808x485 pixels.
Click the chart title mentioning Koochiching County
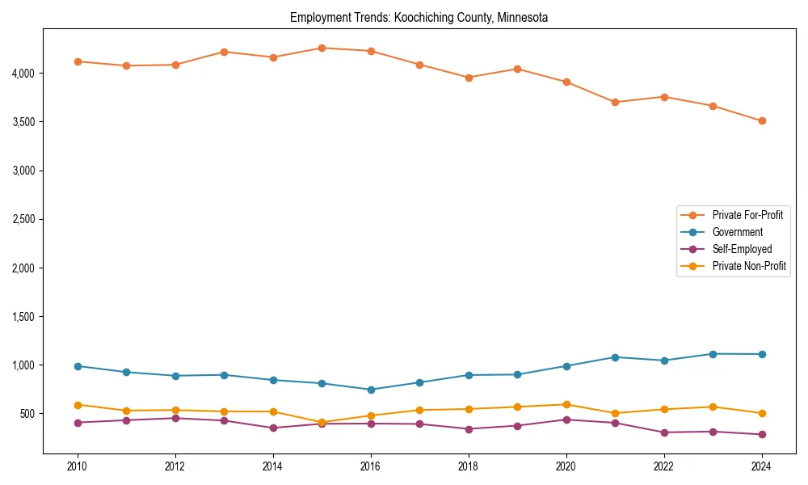point(419,18)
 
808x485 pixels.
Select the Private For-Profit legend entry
point(747,215)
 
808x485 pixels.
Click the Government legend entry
point(737,232)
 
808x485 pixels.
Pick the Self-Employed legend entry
point(742,249)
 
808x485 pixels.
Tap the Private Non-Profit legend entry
point(749,266)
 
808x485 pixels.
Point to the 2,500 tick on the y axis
point(22,219)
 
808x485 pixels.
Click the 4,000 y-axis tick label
point(22,74)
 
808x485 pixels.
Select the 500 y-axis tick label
point(27,414)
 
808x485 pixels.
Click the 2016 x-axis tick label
point(371,466)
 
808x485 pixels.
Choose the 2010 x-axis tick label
point(78,466)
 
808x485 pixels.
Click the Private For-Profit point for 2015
point(322,48)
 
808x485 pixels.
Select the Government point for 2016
point(371,390)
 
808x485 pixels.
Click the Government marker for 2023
point(713,354)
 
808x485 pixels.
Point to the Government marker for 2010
point(78,366)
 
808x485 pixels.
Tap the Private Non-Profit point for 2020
point(566,404)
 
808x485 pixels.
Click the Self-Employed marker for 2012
point(175,418)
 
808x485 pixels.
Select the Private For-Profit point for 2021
point(615,102)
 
